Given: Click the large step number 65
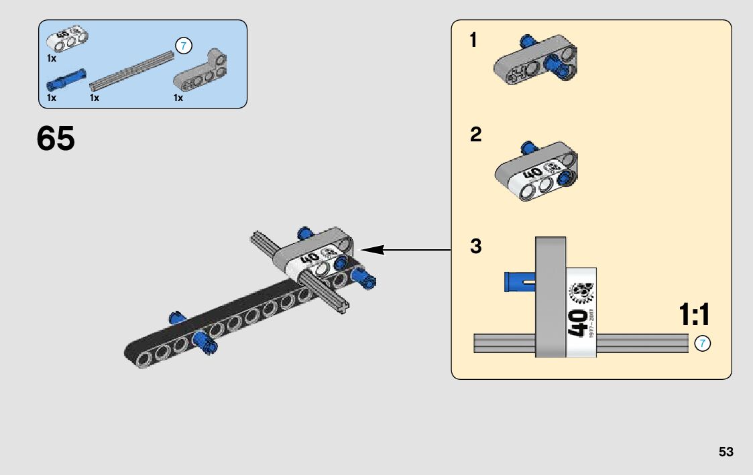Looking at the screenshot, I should (x=56, y=139).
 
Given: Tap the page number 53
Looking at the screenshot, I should (x=726, y=452).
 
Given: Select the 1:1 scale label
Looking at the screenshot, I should (x=694, y=315).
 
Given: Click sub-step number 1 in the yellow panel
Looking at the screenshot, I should (x=473, y=41).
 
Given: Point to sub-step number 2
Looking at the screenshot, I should (x=475, y=135).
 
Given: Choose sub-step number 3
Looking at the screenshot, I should (x=475, y=247).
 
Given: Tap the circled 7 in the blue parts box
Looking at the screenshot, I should (x=184, y=46).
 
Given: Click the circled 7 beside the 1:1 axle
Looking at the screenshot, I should (x=702, y=344).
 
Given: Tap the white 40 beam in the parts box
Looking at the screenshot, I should (x=69, y=40).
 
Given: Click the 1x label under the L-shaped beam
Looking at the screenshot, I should (x=178, y=98).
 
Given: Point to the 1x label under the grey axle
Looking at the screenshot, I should (x=95, y=98).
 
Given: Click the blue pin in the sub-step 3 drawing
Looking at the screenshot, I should (x=518, y=282).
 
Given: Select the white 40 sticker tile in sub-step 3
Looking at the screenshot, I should (x=581, y=312).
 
